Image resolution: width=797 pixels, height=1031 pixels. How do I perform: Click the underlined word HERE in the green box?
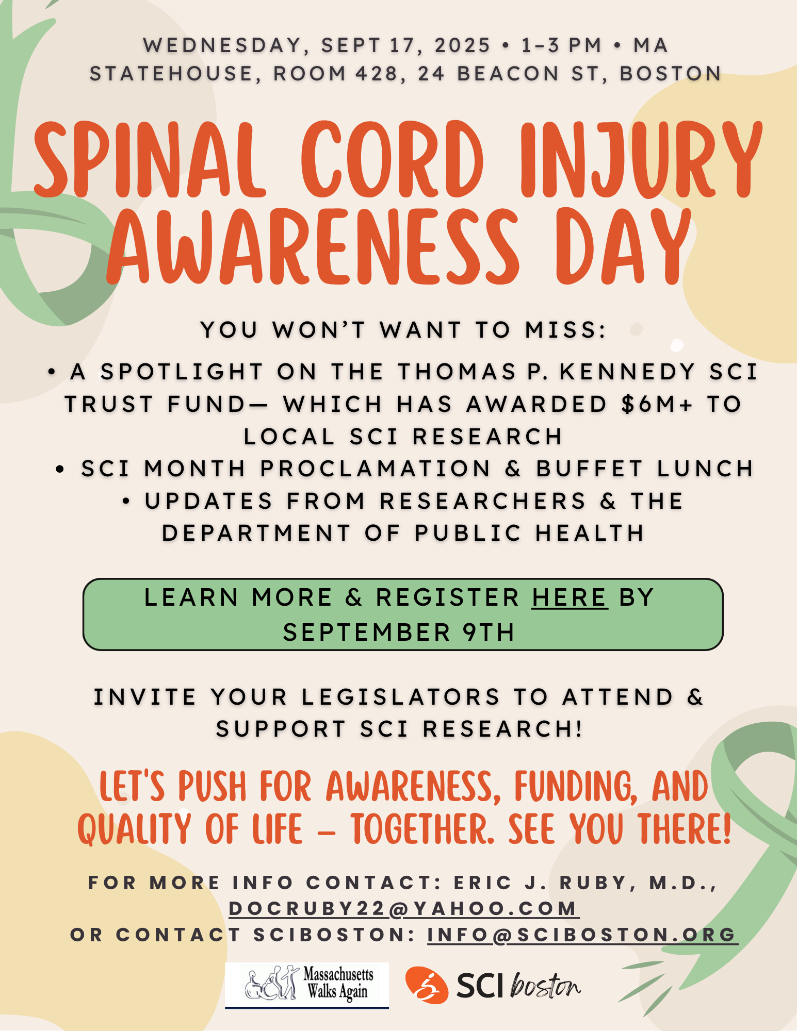coord(570,597)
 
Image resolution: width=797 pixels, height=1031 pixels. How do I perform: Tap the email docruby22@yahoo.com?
coord(404,909)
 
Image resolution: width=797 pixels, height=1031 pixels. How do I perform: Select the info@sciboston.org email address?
coord(582,935)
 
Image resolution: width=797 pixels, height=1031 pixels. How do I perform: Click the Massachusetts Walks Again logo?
coord(307,985)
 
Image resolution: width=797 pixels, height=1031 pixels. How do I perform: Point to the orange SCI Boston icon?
coord(427,985)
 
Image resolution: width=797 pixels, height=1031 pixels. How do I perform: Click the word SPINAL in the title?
coord(150,160)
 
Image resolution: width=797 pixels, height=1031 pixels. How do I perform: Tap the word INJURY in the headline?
coord(641,160)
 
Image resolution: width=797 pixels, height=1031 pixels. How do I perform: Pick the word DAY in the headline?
coord(624,246)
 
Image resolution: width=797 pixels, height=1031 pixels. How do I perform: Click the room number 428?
coord(376,73)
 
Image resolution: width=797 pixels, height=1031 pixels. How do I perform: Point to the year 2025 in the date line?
coord(462,45)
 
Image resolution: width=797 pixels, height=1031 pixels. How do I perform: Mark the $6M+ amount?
coord(657,404)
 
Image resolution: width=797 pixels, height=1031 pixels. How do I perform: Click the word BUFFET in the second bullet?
coord(589,469)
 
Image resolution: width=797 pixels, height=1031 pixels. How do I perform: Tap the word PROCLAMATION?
coord(375,469)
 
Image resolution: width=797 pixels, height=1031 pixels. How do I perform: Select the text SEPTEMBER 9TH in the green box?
coord(399,632)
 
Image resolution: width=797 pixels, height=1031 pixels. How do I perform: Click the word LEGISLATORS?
coord(401,697)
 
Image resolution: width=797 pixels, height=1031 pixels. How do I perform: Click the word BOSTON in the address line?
coord(670,73)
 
